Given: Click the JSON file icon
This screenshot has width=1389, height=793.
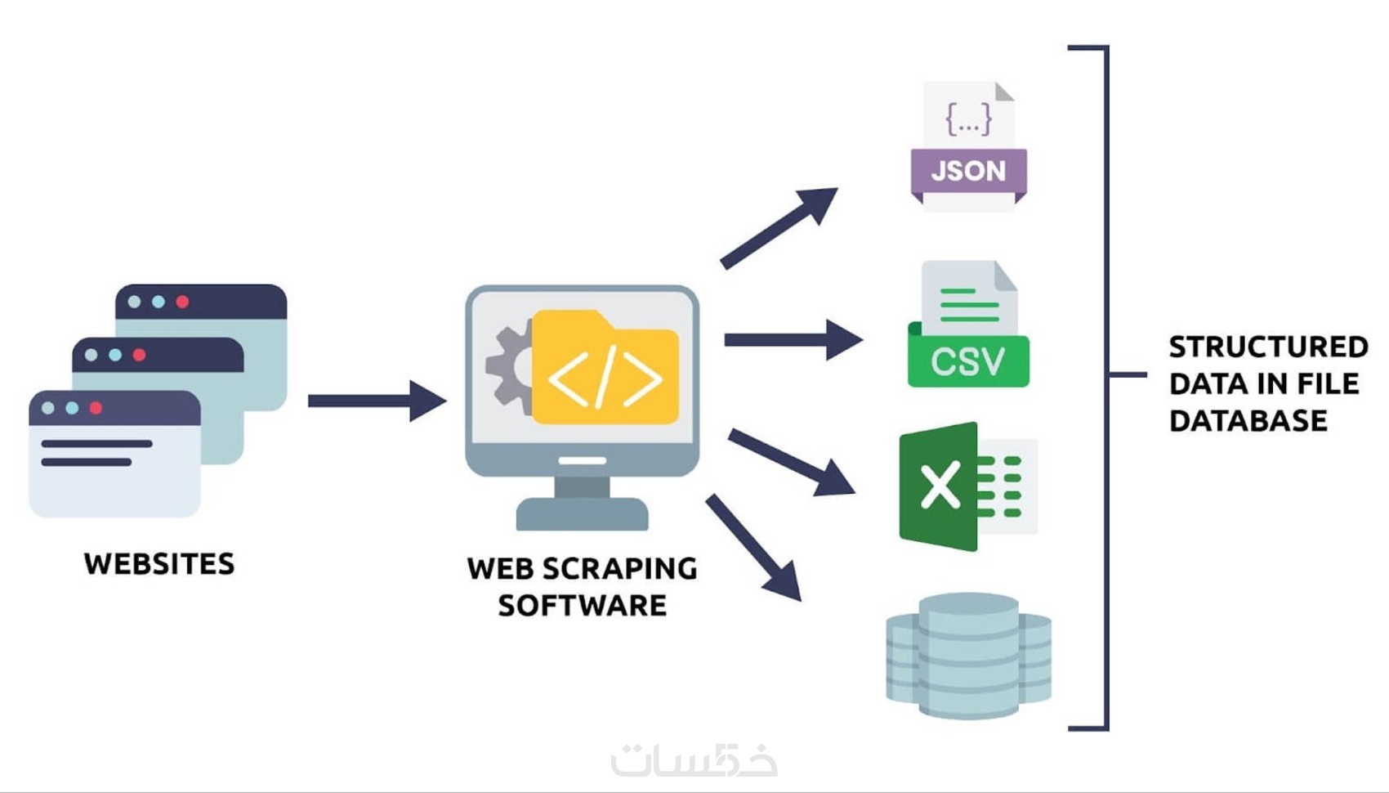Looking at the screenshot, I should (x=968, y=147).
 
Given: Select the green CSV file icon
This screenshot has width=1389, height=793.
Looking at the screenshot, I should (x=968, y=327).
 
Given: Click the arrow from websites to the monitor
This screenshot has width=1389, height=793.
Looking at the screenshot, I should (x=376, y=401).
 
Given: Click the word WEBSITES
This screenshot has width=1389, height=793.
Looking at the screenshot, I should (x=159, y=564).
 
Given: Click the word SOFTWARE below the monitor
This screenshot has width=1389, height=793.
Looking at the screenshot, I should (x=582, y=606).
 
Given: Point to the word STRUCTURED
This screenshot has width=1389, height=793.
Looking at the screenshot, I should (x=1268, y=347).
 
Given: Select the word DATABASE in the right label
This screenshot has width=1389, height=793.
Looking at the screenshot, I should (x=1248, y=421).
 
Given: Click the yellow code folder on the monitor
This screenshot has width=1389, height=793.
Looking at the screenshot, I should (x=605, y=372).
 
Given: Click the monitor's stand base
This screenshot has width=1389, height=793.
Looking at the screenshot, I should (x=582, y=515).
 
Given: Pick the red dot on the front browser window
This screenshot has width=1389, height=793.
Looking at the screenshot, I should (x=96, y=408).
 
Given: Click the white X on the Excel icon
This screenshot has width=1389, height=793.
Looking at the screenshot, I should (x=940, y=486).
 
